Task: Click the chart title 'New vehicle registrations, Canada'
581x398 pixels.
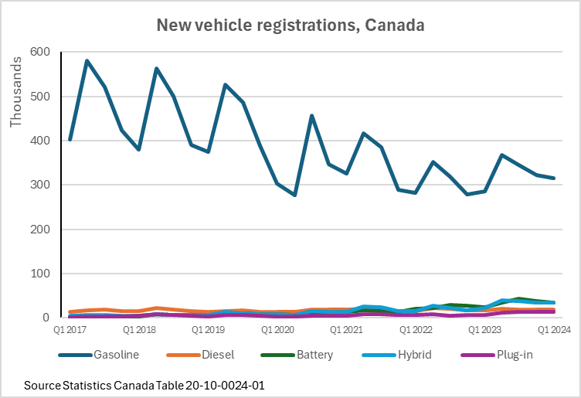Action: (x=290, y=25)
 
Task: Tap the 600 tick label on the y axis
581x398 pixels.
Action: (x=39, y=53)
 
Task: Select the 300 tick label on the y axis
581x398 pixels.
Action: (x=39, y=185)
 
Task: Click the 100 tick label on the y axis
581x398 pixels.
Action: (x=39, y=274)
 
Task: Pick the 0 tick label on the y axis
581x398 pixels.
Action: (x=46, y=318)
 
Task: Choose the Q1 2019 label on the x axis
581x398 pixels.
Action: (x=209, y=330)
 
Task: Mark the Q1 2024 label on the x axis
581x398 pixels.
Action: (x=554, y=330)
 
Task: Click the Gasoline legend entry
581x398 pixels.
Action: (x=116, y=355)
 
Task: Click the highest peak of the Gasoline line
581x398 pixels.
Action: (x=87, y=60)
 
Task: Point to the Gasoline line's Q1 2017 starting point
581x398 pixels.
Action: (x=70, y=140)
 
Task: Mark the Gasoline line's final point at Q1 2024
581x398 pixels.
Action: (x=554, y=179)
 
